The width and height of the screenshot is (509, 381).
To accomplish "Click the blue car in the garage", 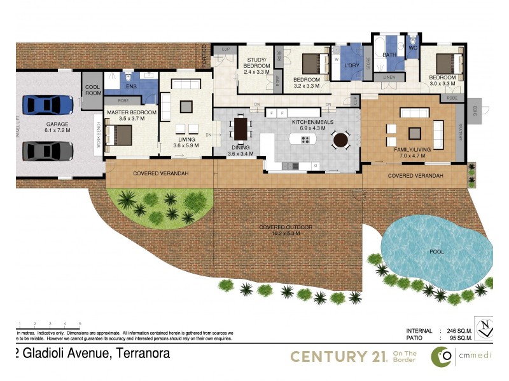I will pos(48,104).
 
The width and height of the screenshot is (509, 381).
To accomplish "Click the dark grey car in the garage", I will pos(48,150).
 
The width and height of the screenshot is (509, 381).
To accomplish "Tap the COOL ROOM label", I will pos(92,90).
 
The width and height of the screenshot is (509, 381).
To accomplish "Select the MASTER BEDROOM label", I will pos(130,112).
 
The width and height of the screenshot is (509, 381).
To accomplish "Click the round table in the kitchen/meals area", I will pos(341,139).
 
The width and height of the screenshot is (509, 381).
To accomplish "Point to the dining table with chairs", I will pos(241,129).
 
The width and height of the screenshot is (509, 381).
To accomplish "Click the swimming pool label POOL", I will pos(436,251).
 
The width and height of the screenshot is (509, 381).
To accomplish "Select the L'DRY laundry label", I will pos(352,65).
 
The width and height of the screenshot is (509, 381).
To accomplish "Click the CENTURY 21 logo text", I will pos(338,357).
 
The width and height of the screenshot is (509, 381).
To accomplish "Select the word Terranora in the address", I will pos(141,354).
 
